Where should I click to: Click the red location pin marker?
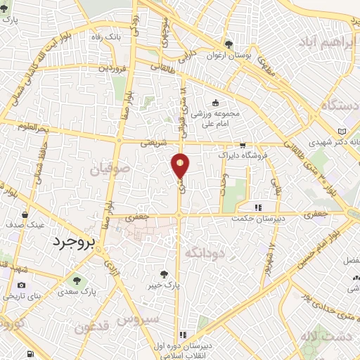[181, 165]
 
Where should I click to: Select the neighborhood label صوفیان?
[109, 169]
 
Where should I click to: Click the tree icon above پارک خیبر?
[165, 275]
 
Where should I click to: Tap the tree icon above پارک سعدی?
[76, 279]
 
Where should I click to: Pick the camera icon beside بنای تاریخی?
[21, 285]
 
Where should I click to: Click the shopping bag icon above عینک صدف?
[25, 214]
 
